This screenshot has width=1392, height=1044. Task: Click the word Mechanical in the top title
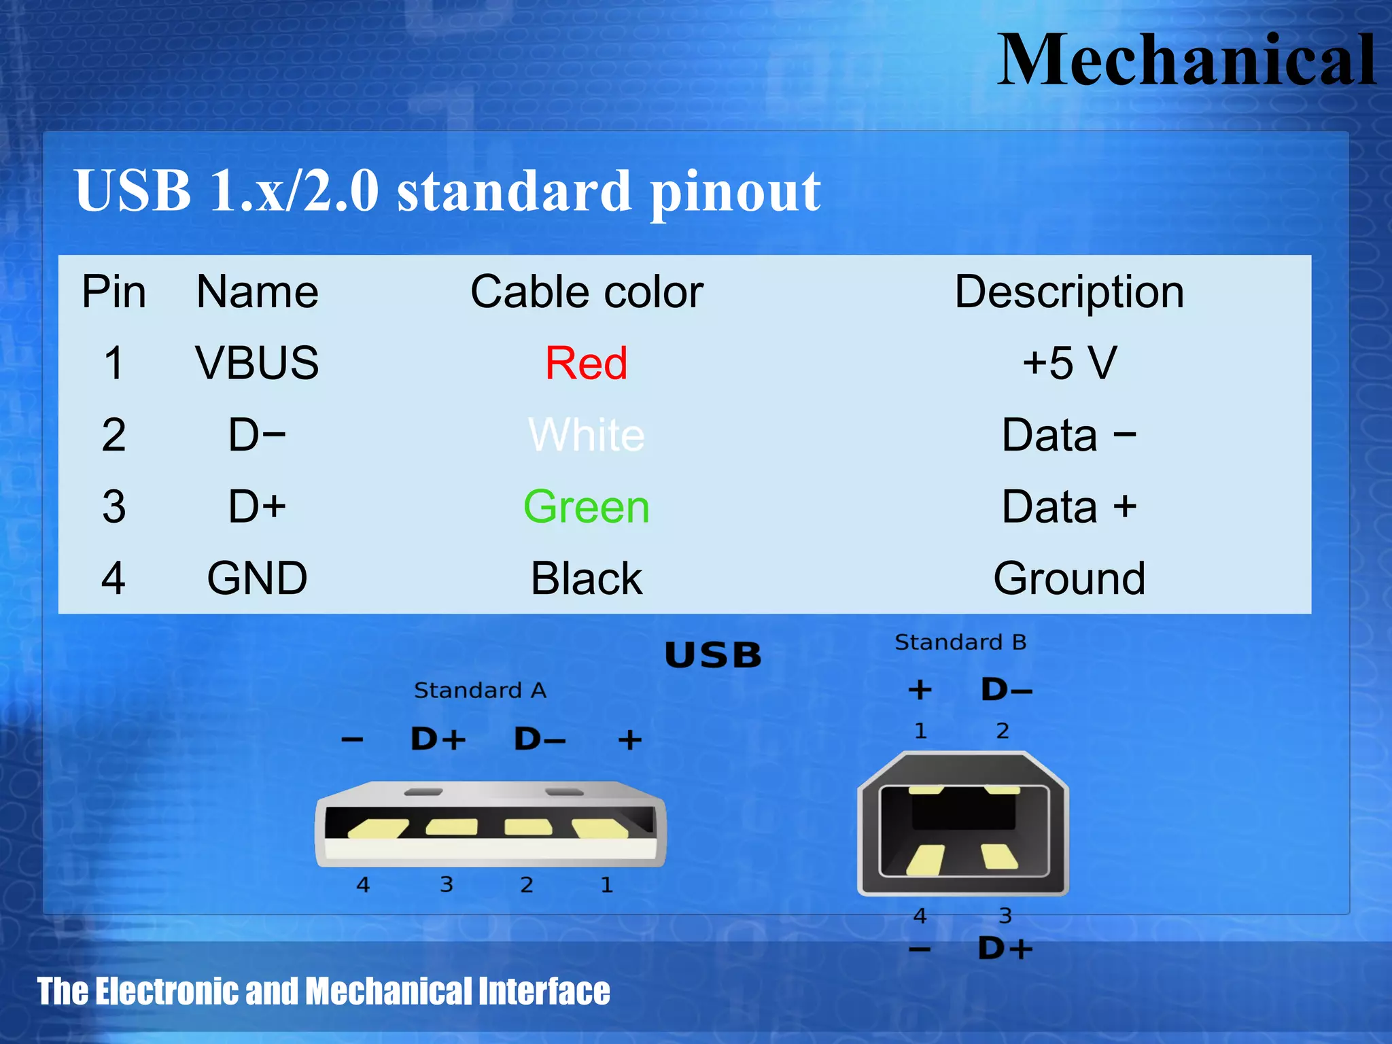point(1186,61)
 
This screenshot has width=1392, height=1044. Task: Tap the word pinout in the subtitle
point(735,192)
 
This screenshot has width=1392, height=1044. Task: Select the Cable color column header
point(587,292)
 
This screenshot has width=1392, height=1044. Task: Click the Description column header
point(1069,292)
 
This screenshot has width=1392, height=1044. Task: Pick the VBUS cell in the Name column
point(257,363)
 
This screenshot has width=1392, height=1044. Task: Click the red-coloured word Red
point(586,363)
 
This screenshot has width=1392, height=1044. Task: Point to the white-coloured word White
point(586,435)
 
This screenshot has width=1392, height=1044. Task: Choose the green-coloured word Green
point(586,507)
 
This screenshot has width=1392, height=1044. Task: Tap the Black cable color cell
point(586,578)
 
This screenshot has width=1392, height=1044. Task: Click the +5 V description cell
point(1069,363)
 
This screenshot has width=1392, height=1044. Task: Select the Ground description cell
point(1069,578)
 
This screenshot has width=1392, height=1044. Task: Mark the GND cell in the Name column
point(257,578)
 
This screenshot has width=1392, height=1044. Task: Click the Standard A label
point(480,691)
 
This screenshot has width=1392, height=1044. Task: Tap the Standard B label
point(960,642)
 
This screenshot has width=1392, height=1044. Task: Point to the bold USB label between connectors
point(713,656)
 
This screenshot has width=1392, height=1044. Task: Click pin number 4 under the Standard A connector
point(363,885)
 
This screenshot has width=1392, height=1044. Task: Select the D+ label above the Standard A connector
point(438,739)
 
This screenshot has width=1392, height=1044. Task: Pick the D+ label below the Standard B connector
point(1005,949)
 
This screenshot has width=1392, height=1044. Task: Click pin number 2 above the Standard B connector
point(1003,731)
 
